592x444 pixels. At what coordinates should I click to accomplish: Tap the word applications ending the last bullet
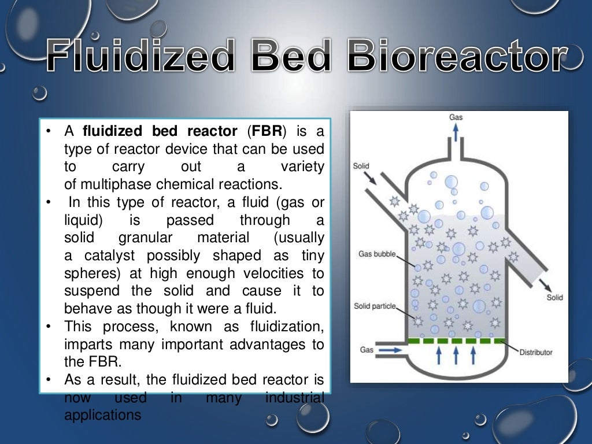click(102, 415)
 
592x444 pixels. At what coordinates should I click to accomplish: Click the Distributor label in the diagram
click(535, 352)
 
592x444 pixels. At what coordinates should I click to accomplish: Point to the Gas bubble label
click(375, 254)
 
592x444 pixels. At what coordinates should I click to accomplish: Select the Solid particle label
click(375, 306)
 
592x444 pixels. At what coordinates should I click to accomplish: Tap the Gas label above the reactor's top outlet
click(456, 117)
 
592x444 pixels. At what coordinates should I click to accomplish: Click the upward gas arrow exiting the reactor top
click(456, 132)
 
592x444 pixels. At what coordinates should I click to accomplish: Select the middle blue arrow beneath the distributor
click(456, 354)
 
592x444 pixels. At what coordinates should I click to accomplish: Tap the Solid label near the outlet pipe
click(554, 298)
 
